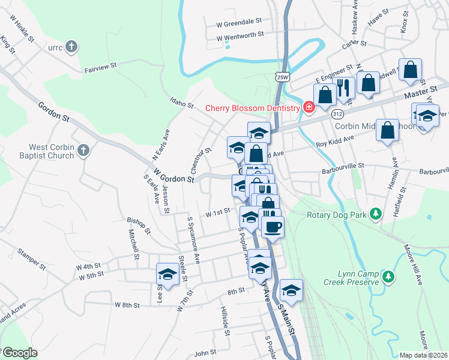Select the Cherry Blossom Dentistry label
[x=252, y=108]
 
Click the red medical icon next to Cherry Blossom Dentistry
[x=309, y=107]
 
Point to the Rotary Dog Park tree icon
[x=376, y=214]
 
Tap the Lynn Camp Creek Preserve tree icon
[x=389, y=276]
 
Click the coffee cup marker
[x=272, y=227]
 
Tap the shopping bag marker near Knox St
[x=411, y=70]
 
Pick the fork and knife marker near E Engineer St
[x=343, y=88]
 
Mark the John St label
[x=205, y=353]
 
